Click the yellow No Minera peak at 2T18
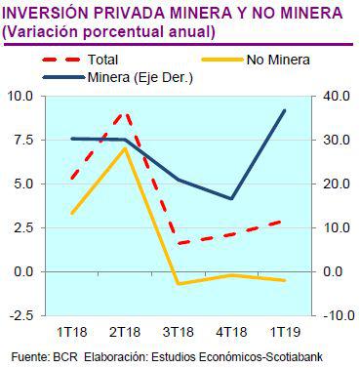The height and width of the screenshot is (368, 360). pyautogui.click(x=125, y=148)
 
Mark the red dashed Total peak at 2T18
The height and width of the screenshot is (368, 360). pyautogui.click(x=125, y=113)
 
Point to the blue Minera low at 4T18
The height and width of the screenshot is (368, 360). pyautogui.click(x=231, y=199)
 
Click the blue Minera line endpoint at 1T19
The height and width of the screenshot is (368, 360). pyautogui.click(x=284, y=110)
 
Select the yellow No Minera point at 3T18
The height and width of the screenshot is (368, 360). pyautogui.click(x=179, y=284)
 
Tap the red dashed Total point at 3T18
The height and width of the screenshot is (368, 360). pyautogui.click(x=179, y=243)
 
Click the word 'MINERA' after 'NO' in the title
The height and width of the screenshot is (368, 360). pyautogui.click(x=291, y=14)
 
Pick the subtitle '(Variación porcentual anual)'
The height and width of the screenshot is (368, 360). pyautogui.click(x=108, y=31)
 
